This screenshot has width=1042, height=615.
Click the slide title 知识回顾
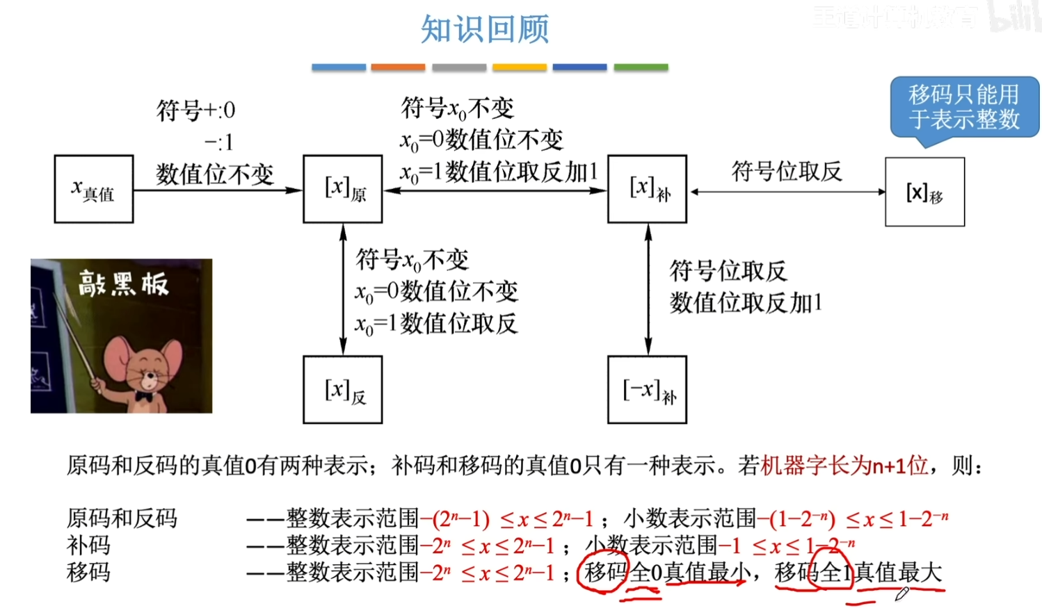pyautogui.click(x=485, y=30)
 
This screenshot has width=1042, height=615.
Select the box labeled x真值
pyautogui.click(x=94, y=189)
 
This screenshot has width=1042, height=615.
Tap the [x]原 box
pyautogui.click(x=343, y=189)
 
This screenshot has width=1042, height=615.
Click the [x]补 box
pyautogui.click(x=647, y=189)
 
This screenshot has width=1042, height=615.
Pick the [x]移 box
pyautogui.click(x=924, y=192)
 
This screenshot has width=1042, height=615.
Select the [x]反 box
pyautogui.click(x=343, y=390)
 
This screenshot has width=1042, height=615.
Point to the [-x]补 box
pyautogui.click(x=647, y=390)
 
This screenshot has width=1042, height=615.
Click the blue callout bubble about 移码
pyautogui.click(x=964, y=108)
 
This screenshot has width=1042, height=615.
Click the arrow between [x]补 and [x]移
pyautogui.click(x=787, y=192)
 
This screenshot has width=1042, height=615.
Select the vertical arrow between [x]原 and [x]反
pyautogui.click(x=343, y=289)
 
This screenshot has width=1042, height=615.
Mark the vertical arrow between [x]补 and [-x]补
pyautogui.click(x=648, y=289)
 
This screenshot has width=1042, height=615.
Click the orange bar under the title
pyautogui.click(x=398, y=67)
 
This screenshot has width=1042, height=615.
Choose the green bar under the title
pyautogui.click(x=641, y=67)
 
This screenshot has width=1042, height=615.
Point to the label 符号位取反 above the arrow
pyautogui.click(x=787, y=171)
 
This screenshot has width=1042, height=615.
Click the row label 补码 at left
pyautogui.click(x=88, y=546)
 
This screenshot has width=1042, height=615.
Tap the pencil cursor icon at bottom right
pyautogui.click(x=902, y=593)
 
